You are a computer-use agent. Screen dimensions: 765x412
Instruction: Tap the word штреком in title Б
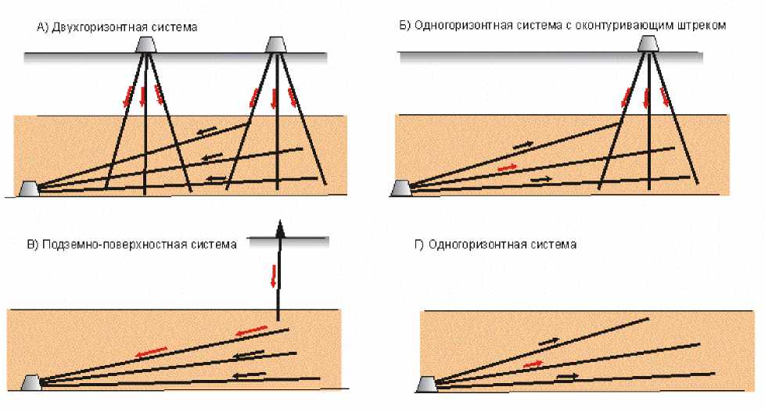pos(704,26)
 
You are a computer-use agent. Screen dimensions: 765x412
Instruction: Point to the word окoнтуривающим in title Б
pos(620,26)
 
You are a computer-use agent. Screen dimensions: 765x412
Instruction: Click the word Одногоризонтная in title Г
pos(470,245)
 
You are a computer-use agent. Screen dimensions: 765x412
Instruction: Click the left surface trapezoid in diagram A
pos(145,45)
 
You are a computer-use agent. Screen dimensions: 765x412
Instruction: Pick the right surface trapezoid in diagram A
pos(275,45)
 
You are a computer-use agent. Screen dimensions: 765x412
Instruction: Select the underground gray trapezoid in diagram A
pos(28,189)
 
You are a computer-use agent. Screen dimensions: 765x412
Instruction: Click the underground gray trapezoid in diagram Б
pos(400,189)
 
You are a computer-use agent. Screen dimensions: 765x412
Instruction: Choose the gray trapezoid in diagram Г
pos(426,383)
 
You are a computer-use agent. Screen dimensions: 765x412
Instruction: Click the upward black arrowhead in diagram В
pos(278,227)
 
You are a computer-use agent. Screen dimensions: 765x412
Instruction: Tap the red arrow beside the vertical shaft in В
pos(274,276)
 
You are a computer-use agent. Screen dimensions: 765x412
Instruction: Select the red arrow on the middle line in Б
pos(507,167)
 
